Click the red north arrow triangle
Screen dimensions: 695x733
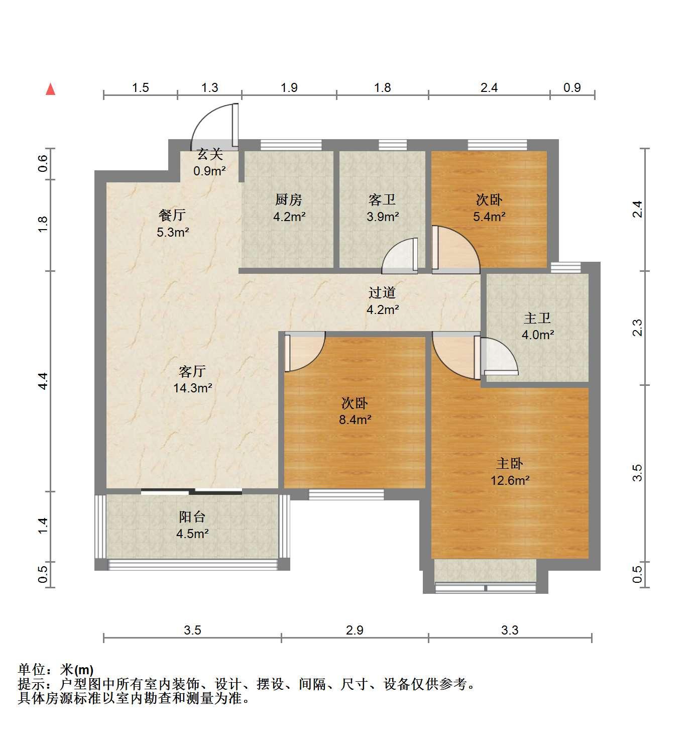click(x=50, y=89)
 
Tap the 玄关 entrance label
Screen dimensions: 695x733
click(x=210, y=154)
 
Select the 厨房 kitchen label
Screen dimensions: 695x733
click(x=288, y=200)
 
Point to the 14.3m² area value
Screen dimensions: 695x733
click(x=193, y=388)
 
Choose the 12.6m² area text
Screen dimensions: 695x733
click(x=510, y=480)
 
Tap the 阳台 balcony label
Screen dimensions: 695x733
click(x=192, y=517)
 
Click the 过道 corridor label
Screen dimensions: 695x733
click(x=382, y=293)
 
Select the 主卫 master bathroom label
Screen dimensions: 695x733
click(x=537, y=318)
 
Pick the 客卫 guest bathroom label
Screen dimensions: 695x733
click(x=382, y=200)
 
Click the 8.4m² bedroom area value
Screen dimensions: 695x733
click(x=355, y=420)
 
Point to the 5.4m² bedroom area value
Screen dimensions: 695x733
click(x=489, y=216)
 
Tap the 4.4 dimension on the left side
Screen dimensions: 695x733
click(x=43, y=381)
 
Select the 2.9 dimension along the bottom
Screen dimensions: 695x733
click(x=355, y=630)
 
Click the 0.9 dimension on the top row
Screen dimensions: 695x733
click(x=572, y=87)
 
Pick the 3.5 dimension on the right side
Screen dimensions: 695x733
click(x=638, y=473)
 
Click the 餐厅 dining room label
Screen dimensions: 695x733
click(x=172, y=215)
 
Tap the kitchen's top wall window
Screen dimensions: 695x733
click(x=291, y=145)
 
